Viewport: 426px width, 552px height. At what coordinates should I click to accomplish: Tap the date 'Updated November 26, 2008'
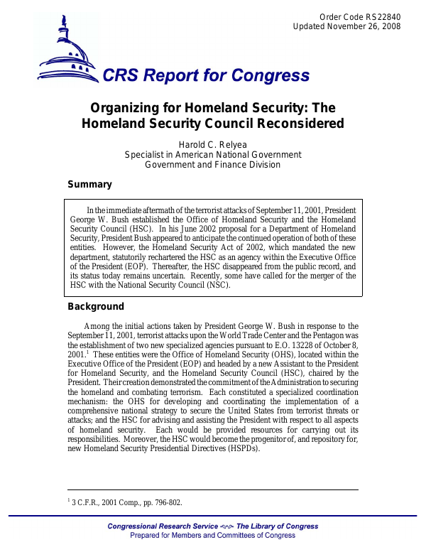click(347, 27)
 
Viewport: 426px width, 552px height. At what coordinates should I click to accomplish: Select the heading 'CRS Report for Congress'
click(206, 77)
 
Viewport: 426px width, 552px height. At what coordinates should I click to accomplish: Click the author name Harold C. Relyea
click(213, 145)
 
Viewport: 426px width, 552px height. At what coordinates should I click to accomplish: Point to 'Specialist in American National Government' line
click(213, 155)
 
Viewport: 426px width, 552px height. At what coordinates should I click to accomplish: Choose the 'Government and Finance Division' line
click(213, 165)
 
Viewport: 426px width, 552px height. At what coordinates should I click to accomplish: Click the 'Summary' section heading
click(89, 185)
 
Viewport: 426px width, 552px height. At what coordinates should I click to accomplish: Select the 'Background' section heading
click(96, 307)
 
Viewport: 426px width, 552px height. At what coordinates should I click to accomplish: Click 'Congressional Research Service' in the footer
click(162, 526)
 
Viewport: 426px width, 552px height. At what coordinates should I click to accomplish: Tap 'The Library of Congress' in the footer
click(277, 526)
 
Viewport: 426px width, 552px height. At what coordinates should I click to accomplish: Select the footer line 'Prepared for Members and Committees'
click(213, 536)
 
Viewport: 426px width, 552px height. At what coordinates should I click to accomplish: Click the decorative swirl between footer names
click(226, 526)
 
